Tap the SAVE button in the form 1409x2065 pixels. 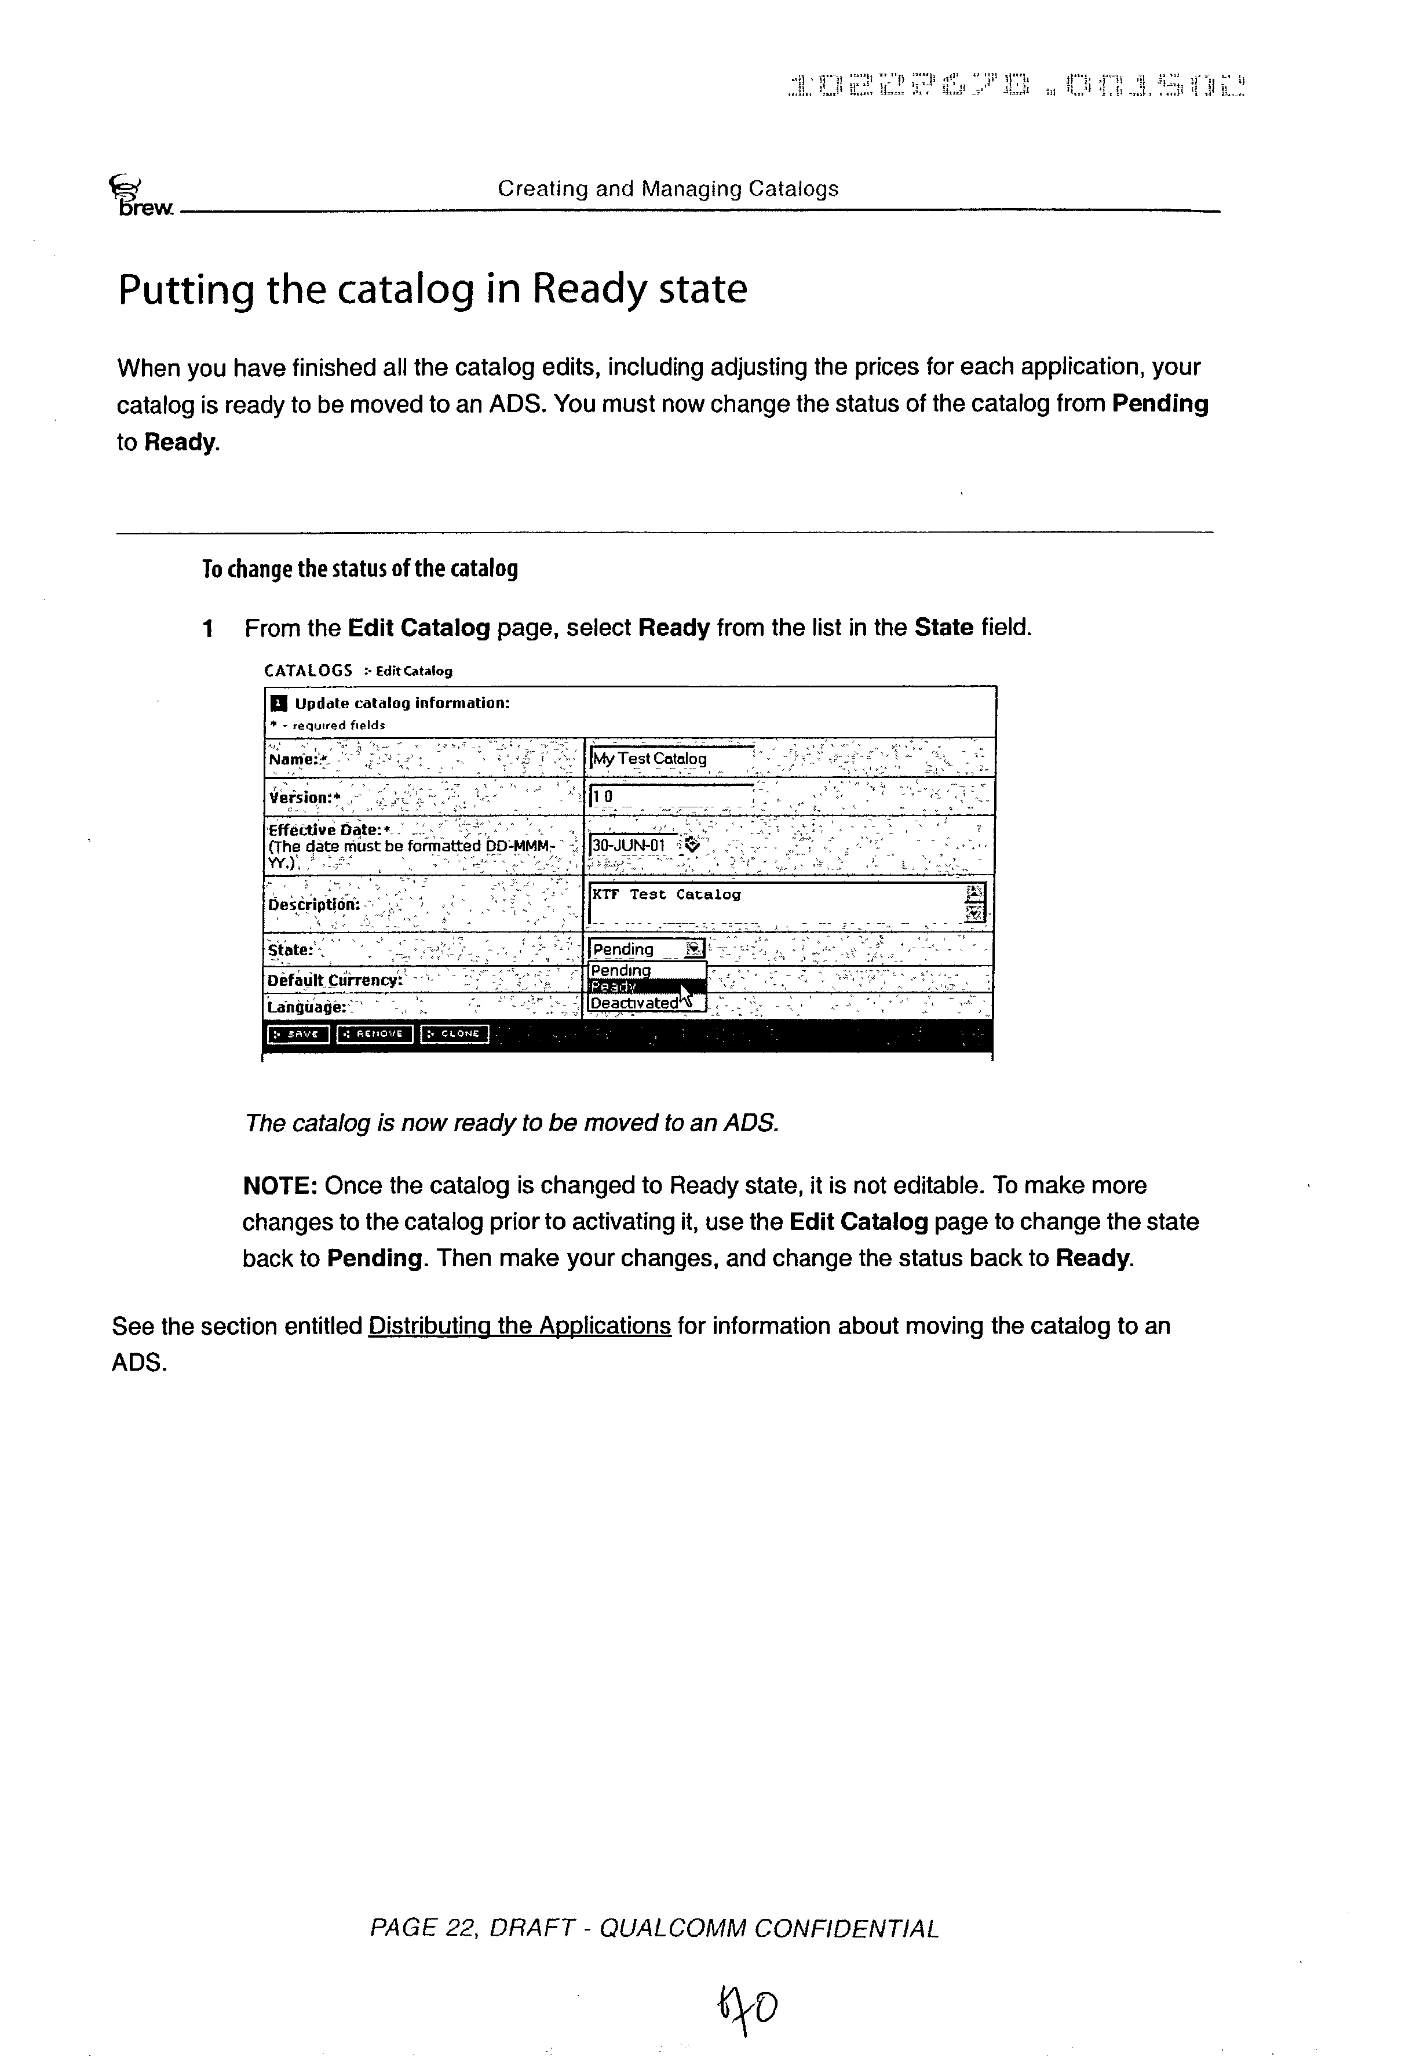pos(298,1033)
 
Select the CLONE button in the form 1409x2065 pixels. pos(455,1033)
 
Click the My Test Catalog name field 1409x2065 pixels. pos(671,759)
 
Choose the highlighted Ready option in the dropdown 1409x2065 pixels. pos(647,987)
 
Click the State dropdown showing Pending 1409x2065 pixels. pos(647,949)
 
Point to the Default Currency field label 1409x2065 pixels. pos(335,980)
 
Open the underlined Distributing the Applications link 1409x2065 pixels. pos(519,1325)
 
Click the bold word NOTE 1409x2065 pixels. pos(280,1185)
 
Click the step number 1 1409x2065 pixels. pos(208,629)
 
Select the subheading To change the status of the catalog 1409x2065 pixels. pos(360,569)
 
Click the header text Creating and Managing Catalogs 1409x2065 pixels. pos(667,188)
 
